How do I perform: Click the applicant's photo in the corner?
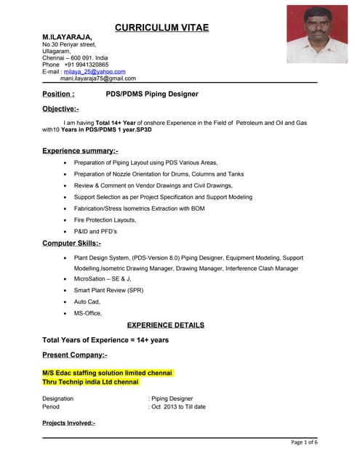pos(317,35)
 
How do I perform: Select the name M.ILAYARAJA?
pos(67,36)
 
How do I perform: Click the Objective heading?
pos(61,109)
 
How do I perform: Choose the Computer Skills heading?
pos(71,243)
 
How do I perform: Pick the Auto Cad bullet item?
pos(87,302)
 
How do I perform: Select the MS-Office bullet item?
pos(88,313)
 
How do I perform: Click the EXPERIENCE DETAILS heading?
pos(165,325)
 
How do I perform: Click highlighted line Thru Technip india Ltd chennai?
pos(90,381)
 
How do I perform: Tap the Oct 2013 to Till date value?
pos(178,407)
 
